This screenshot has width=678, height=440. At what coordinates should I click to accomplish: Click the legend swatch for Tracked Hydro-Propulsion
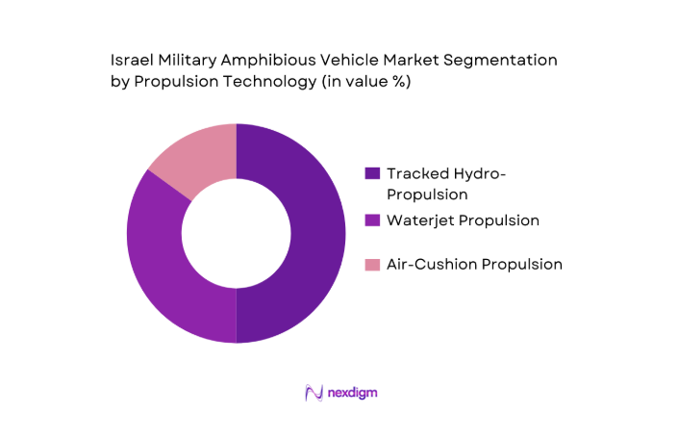(x=372, y=173)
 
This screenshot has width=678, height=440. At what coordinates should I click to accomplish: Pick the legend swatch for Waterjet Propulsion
(x=372, y=220)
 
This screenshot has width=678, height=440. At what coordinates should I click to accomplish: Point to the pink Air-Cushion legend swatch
(x=372, y=264)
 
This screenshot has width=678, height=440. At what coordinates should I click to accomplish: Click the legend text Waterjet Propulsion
(x=463, y=220)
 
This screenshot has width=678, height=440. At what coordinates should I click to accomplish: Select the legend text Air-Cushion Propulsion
(x=474, y=264)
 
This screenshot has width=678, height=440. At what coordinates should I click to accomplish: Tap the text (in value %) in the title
(x=366, y=82)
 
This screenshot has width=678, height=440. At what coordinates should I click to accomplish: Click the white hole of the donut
(x=237, y=233)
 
